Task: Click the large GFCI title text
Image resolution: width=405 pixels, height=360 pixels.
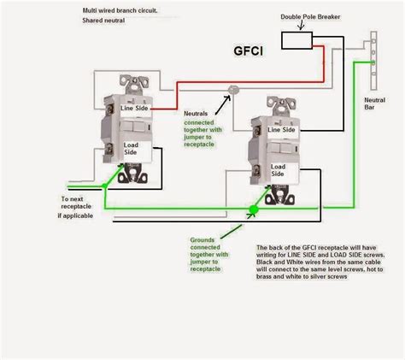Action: tap(248, 50)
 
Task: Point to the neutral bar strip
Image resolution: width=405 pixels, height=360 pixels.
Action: tap(373, 56)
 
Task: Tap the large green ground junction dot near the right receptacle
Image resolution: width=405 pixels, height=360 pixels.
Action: tap(254, 209)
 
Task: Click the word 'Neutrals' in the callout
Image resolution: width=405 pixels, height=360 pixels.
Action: tap(201, 113)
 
